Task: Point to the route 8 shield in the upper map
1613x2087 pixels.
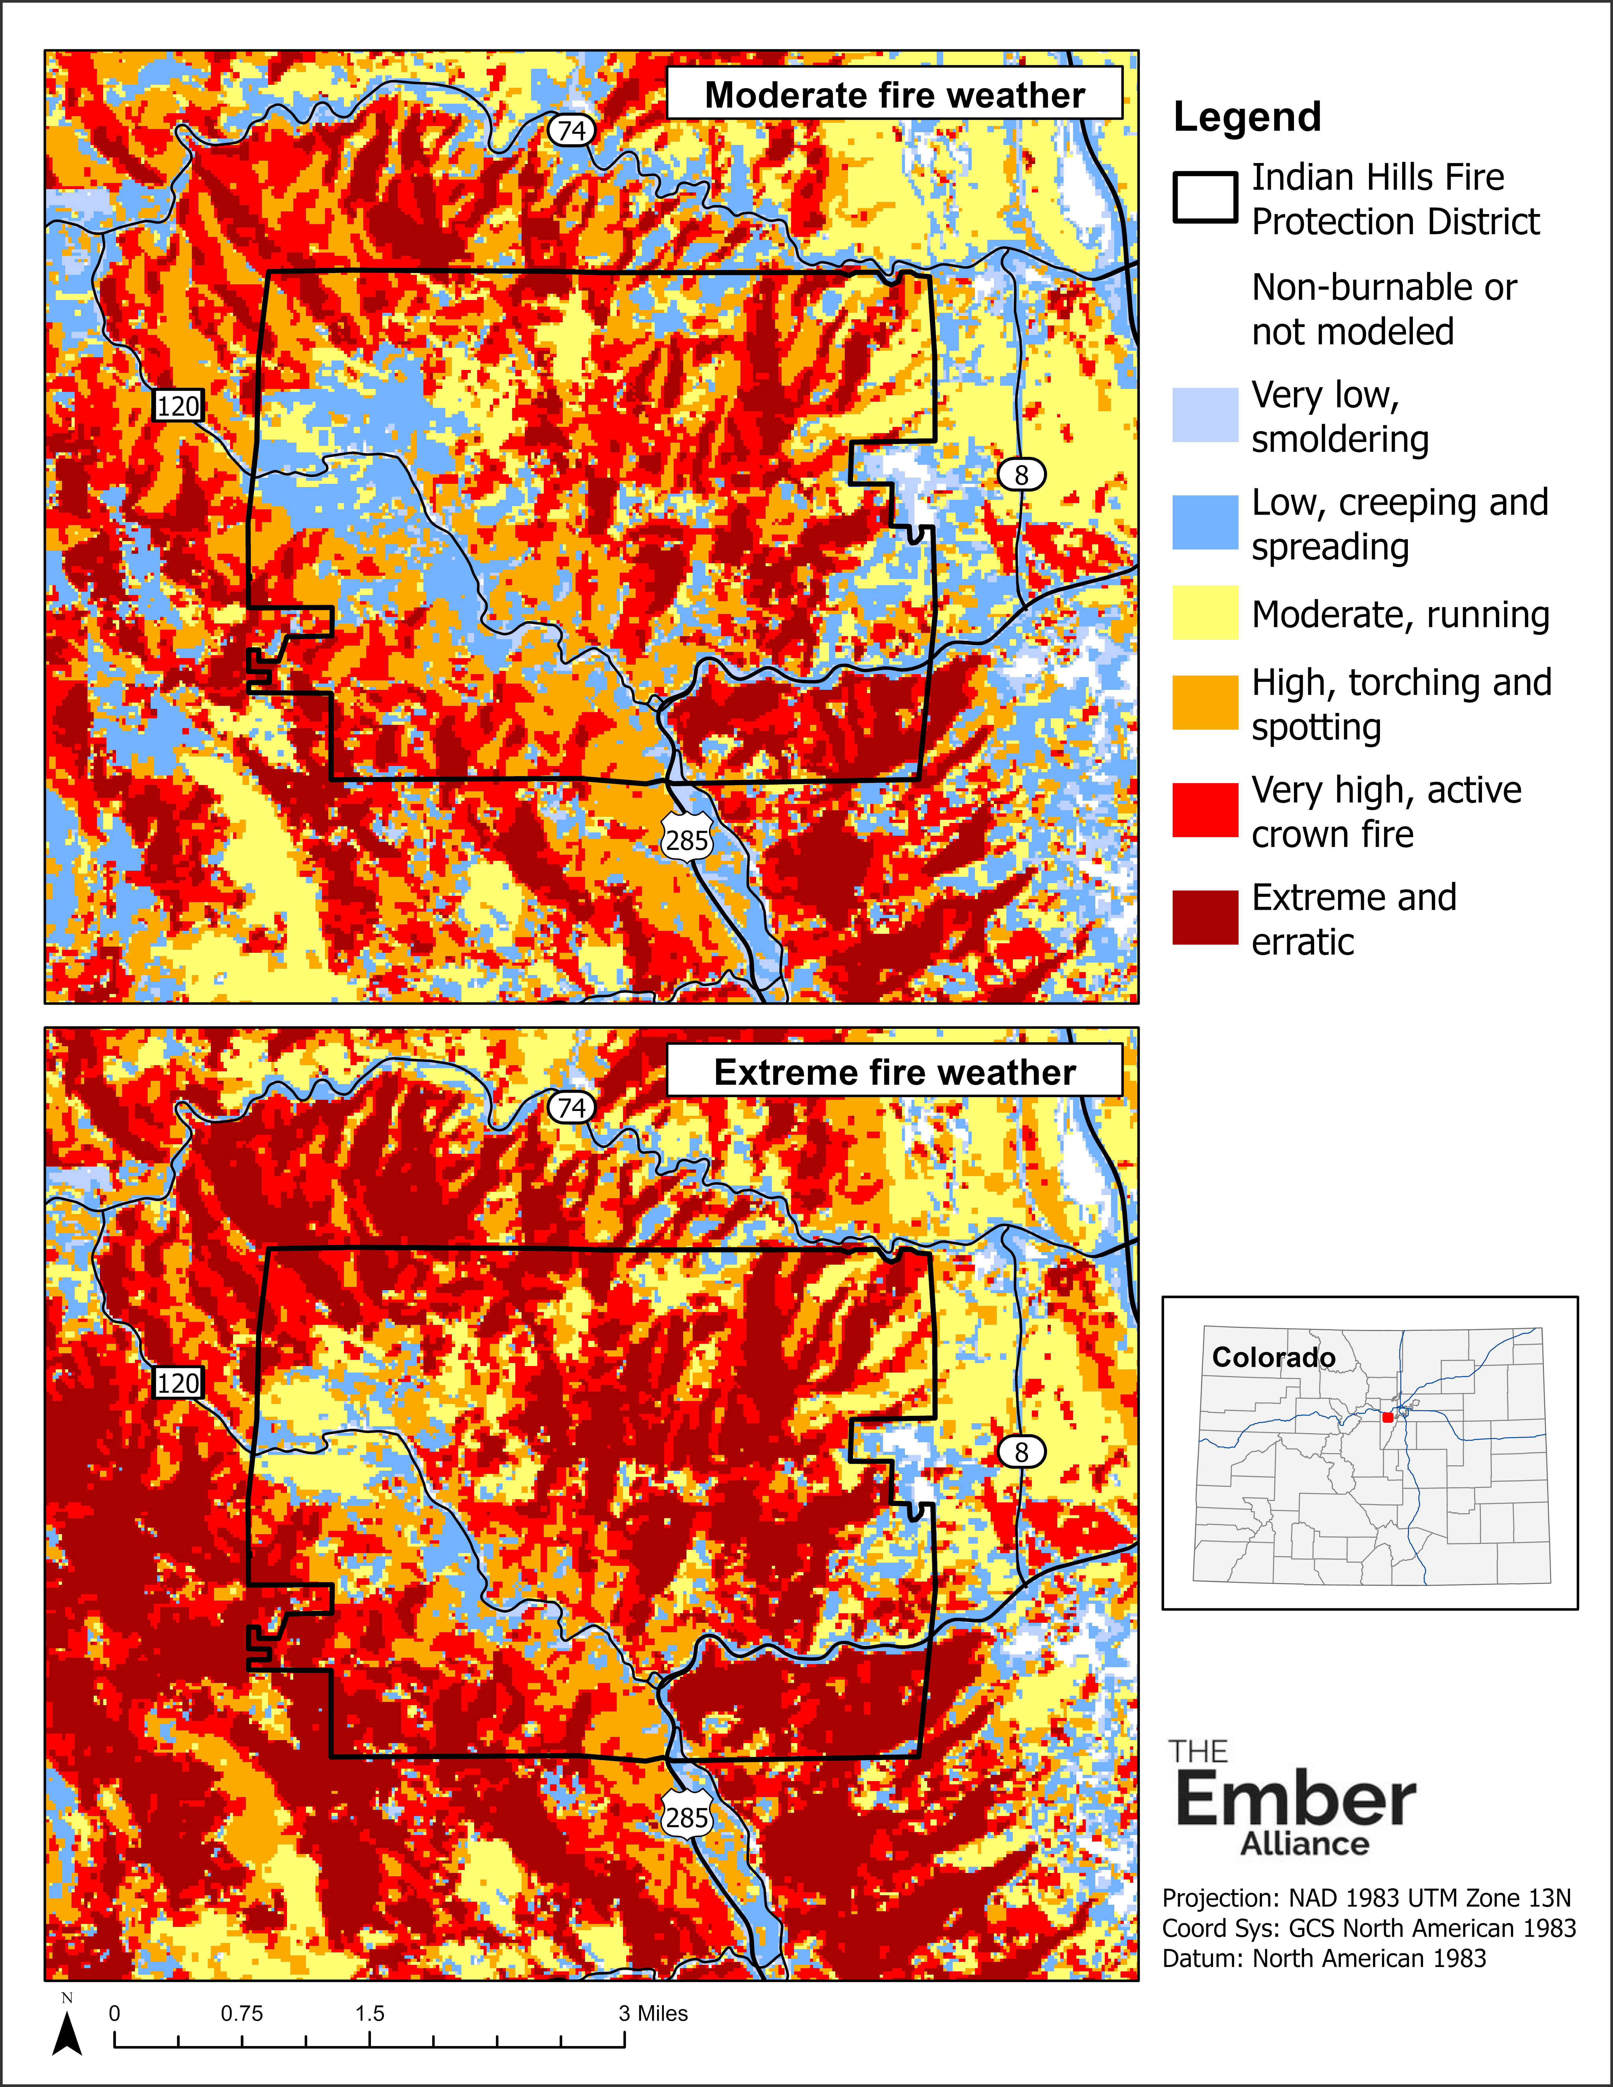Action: [1021, 474]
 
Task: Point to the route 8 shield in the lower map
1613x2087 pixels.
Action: [1021, 1451]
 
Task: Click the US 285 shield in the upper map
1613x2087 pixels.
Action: [687, 840]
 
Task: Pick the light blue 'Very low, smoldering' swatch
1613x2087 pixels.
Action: [1205, 415]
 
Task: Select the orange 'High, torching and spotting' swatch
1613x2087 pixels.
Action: [1205, 702]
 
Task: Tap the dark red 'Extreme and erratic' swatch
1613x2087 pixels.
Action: [1205, 918]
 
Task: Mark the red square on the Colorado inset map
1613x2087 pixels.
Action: [1387, 1417]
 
